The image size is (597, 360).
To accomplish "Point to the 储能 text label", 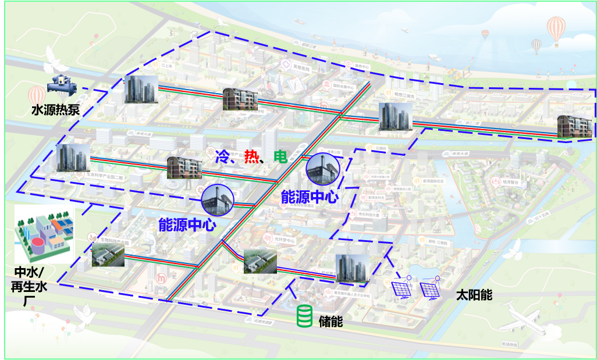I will click(x=331, y=320).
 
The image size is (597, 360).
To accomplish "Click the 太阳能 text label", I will click(x=474, y=295).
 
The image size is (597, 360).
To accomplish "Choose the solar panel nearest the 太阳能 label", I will click(x=429, y=288).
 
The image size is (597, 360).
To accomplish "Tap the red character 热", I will click(x=252, y=156).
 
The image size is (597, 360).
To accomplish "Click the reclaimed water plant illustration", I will click(x=44, y=234).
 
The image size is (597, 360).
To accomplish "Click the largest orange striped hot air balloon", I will click(x=556, y=28).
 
